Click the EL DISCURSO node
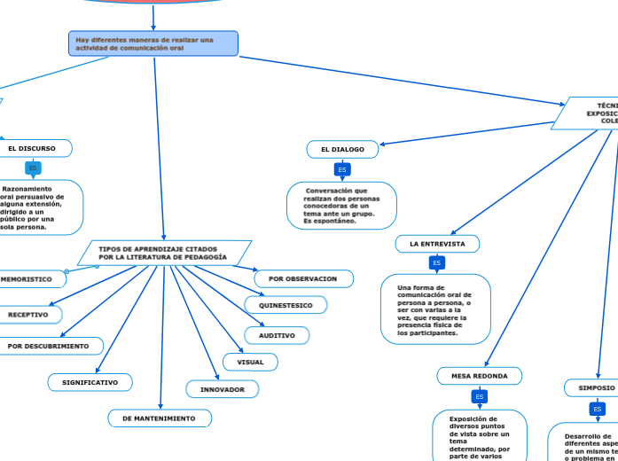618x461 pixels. (x=32, y=148)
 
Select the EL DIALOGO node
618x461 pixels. (x=342, y=150)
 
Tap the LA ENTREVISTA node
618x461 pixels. (x=437, y=244)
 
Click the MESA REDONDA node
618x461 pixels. (x=479, y=376)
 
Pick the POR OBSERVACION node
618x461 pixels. (x=303, y=278)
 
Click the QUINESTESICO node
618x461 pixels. (x=286, y=305)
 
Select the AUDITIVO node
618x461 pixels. (x=277, y=335)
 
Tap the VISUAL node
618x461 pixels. (x=250, y=362)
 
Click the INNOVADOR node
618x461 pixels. (x=223, y=389)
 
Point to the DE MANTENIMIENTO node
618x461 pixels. (x=160, y=418)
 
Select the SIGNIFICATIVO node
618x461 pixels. (x=90, y=382)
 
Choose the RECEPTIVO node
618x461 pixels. (x=28, y=315)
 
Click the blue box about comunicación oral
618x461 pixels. (x=153, y=43)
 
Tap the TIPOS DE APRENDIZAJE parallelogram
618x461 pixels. (x=164, y=254)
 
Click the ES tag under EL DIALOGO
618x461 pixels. (x=342, y=169)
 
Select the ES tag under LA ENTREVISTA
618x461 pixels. (x=436, y=263)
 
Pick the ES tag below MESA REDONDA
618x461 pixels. (x=479, y=396)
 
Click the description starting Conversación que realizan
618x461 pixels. (x=341, y=206)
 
